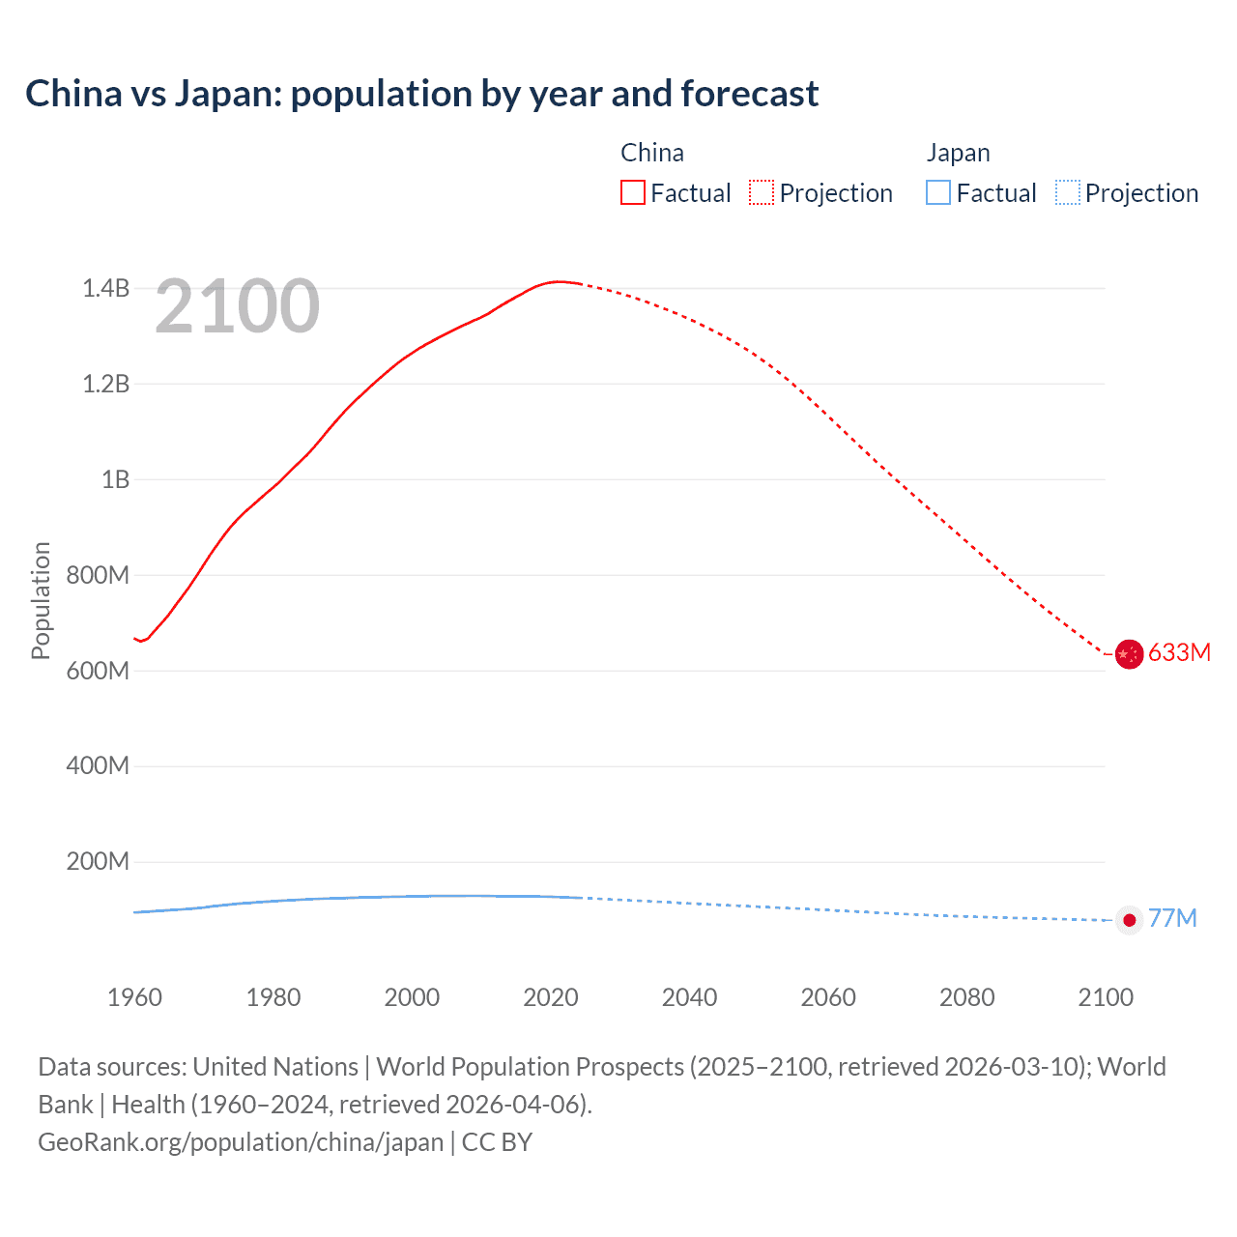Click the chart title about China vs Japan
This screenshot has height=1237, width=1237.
(421, 94)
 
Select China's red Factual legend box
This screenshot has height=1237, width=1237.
(632, 192)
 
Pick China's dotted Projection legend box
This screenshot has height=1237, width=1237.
(762, 192)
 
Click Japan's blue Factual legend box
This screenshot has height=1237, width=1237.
(937, 192)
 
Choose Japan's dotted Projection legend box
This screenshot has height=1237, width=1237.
(1067, 192)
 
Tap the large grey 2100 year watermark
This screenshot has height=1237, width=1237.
(237, 306)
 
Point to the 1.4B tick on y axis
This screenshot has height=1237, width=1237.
(105, 288)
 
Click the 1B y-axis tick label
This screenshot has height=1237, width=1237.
(115, 479)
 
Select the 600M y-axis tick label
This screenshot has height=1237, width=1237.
(98, 671)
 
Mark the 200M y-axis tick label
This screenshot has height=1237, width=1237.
(98, 861)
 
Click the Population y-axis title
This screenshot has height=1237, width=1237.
(41, 600)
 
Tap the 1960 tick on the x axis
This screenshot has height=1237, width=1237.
(134, 997)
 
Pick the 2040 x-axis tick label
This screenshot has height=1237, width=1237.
(689, 997)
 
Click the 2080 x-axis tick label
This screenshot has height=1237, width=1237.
(966, 997)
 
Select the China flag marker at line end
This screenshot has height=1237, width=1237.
(1129, 654)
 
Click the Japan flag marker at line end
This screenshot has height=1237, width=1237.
(1129, 920)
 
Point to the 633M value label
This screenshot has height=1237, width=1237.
(1179, 652)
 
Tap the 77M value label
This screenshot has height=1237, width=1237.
(1172, 918)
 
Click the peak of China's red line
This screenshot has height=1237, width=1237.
(558, 281)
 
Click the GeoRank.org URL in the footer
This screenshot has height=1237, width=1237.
(241, 1142)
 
